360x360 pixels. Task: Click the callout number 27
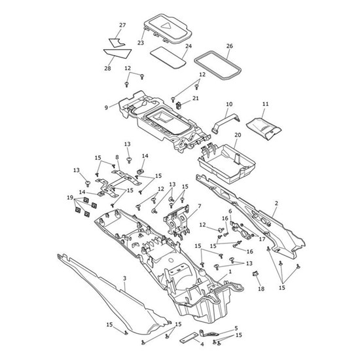coord(122,25)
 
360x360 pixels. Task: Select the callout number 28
coord(107,68)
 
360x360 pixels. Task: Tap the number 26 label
coord(229,46)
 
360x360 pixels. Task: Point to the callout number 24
coord(189,46)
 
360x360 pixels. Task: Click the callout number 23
coord(141,43)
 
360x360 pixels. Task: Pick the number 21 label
coord(196,98)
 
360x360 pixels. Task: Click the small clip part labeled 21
coord(179,105)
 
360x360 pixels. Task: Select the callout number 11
coord(265,104)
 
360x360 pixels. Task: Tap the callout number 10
coord(229,104)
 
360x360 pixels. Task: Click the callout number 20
coord(238,135)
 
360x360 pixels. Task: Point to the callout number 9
coord(106,108)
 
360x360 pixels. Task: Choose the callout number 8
coord(117,157)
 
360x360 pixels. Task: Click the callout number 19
coord(70,198)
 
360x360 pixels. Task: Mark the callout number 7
coord(199,206)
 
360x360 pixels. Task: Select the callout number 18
coord(261,289)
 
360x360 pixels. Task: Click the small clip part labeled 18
coord(255,273)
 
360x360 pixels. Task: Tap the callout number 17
coord(262,239)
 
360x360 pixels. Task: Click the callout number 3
coord(124,278)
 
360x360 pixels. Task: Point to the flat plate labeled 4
coord(189,338)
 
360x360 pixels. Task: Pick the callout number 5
coord(236,329)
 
